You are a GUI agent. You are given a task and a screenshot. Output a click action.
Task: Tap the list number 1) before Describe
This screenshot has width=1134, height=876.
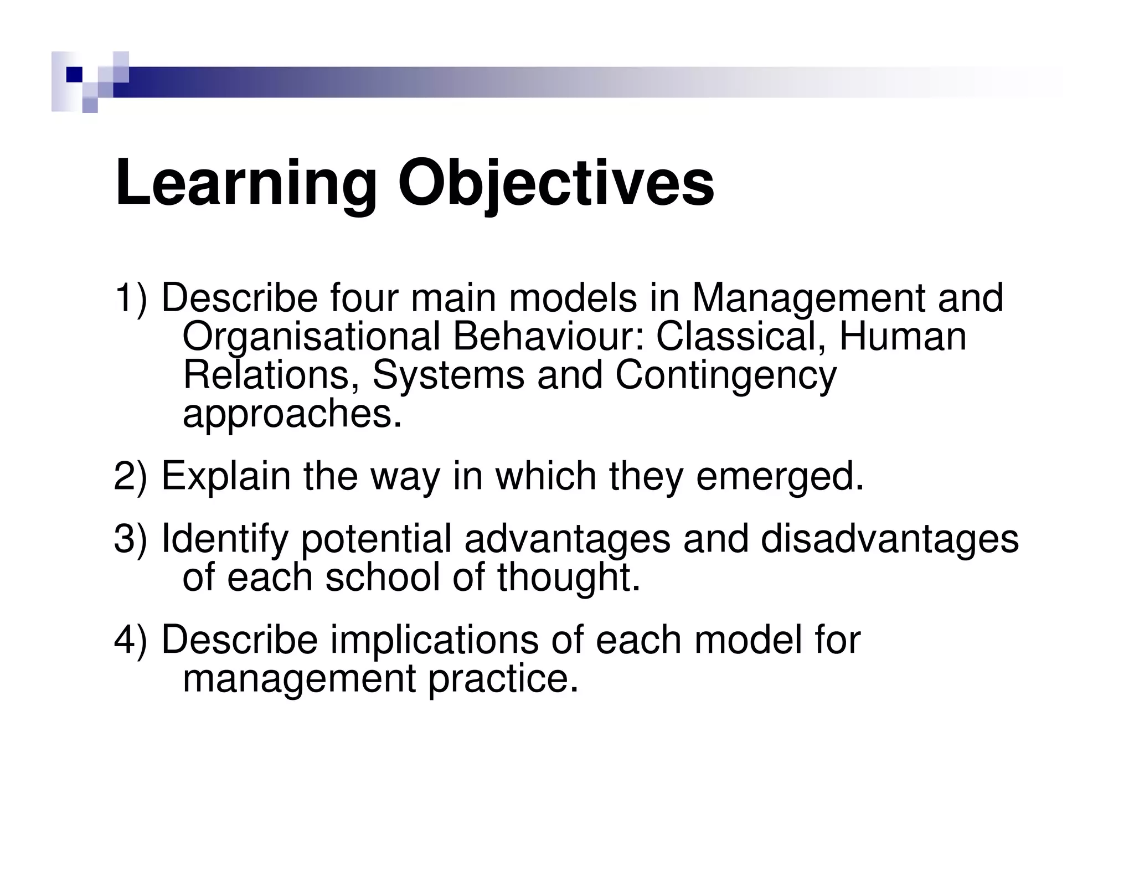coord(131,299)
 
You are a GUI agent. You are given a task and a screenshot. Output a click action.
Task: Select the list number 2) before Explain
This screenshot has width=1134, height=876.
coord(131,477)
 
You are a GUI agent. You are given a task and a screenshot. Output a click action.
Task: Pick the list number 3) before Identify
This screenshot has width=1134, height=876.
coord(131,539)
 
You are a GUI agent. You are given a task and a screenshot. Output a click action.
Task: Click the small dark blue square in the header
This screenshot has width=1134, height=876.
coord(74,75)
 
